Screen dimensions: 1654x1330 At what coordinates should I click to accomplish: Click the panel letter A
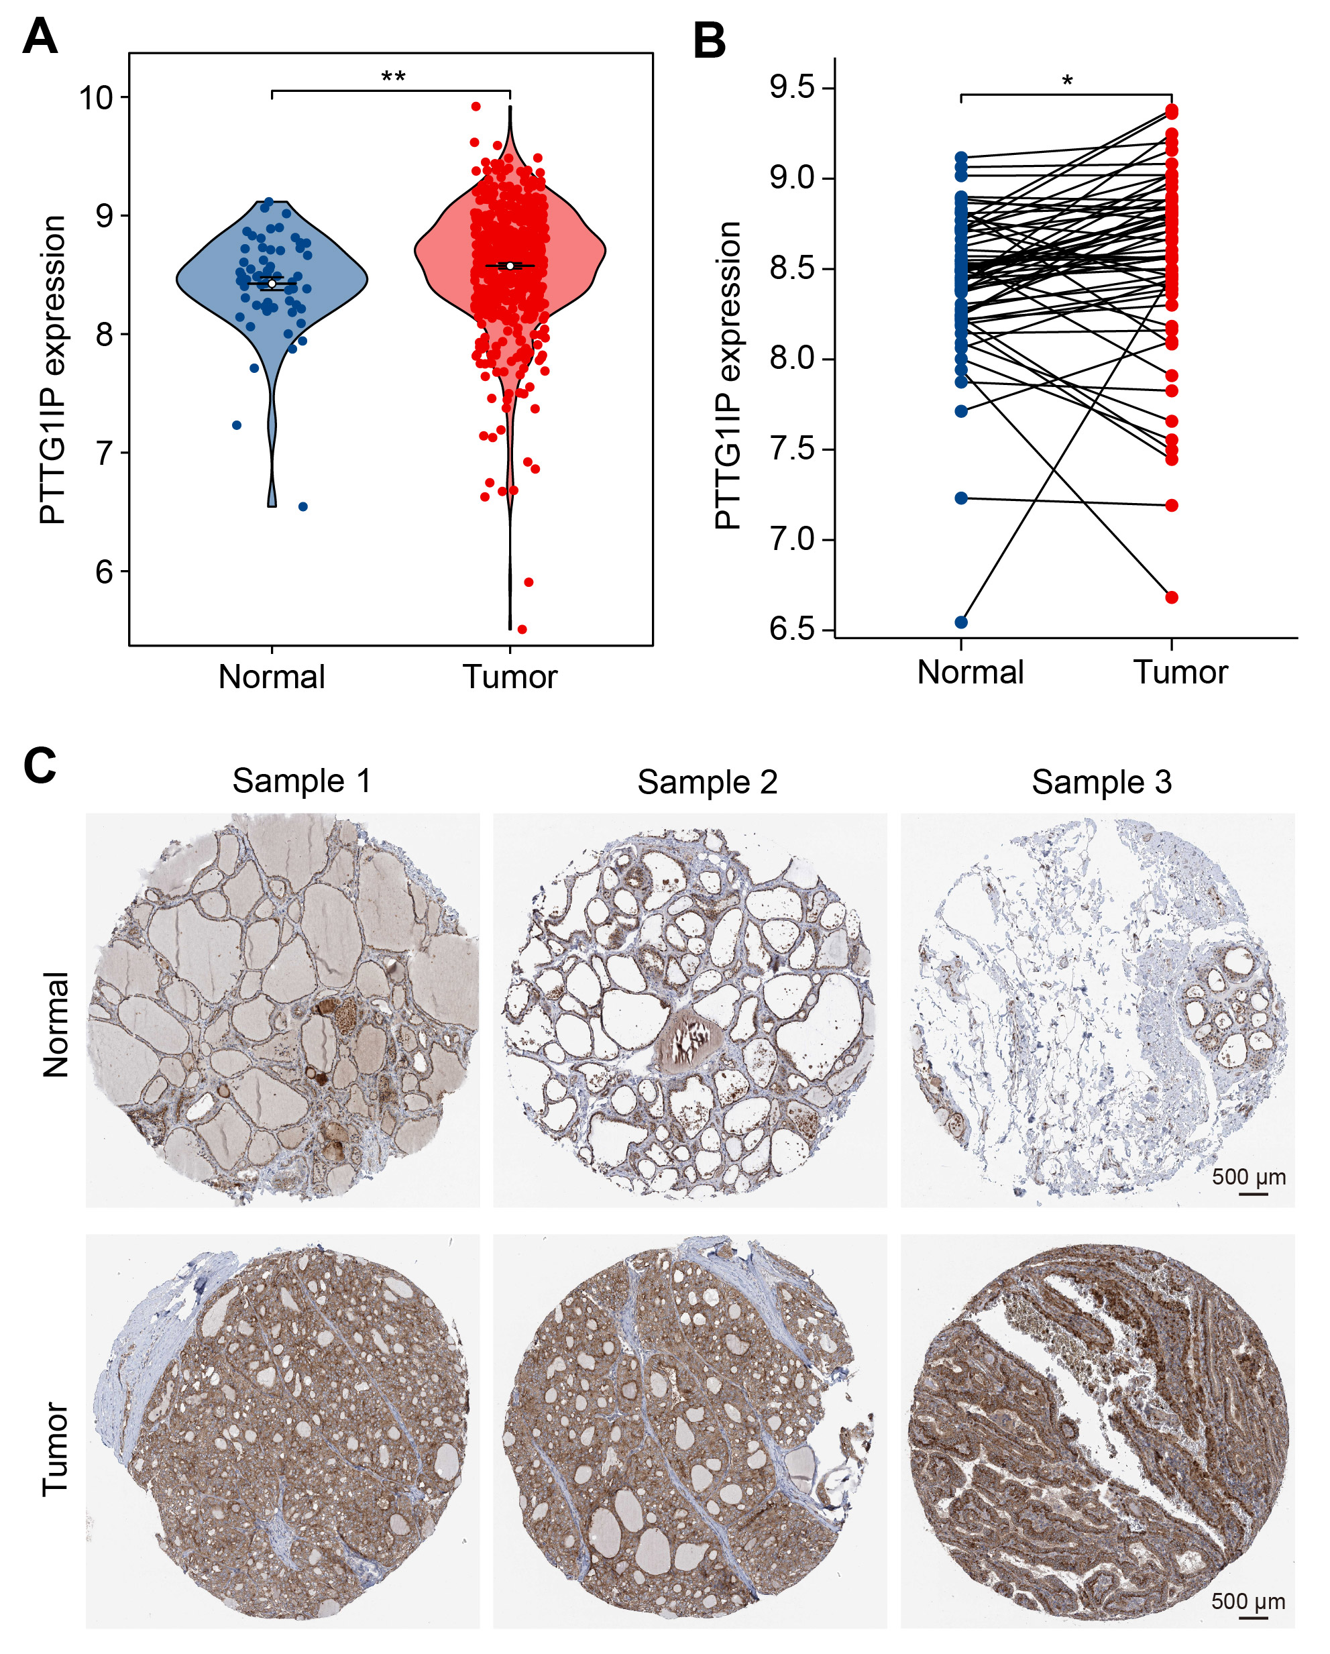coord(40,36)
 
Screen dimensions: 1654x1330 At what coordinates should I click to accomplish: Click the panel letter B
coord(710,41)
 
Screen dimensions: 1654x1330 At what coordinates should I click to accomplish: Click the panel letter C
coord(40,765)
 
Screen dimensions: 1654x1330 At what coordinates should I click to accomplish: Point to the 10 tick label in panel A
coord(96,97)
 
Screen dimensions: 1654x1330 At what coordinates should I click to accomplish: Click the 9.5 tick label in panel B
coord(792,87)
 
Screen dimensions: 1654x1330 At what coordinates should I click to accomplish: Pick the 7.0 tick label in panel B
coord(792,539)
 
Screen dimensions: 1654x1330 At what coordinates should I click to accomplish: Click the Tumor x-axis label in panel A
coord(509,677)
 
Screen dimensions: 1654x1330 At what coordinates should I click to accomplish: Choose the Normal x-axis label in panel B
coord(971,672)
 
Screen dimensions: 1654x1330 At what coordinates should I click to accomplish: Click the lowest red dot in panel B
coord(1171,598)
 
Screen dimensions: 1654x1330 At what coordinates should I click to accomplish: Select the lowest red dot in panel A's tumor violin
coord(522,629)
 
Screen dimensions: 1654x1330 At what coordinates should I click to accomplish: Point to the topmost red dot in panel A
coord(476,107)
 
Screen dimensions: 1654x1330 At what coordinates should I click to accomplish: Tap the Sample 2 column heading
coord(707,782)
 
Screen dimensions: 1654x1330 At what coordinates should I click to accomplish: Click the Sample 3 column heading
coord(1101,782)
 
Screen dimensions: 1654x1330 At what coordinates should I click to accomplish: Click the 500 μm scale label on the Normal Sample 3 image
coord(1249,1177)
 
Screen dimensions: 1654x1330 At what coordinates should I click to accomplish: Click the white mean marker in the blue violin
coord(272,284)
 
